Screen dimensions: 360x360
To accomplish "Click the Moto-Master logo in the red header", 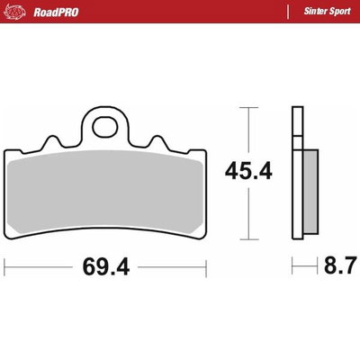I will coord(17,12).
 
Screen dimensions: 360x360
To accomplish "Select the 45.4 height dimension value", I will coord(248,169).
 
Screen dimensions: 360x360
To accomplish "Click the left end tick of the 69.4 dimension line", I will coord(5,266).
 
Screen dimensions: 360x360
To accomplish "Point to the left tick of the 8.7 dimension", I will coord(292,266).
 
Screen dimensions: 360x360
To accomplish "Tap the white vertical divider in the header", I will coord(288,12).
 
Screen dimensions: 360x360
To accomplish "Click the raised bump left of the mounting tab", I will coord(51,142).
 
